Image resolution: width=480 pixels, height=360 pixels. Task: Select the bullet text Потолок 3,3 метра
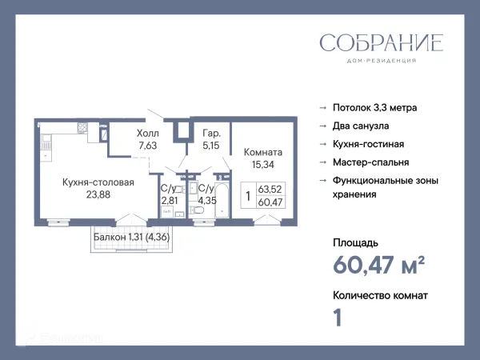[x=374, y=107]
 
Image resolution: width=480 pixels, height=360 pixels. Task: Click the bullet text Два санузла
[x=361, y=126]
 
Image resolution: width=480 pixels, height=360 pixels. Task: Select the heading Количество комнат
[x=379, y=295]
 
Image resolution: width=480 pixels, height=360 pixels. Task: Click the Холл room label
[x=149, y=134]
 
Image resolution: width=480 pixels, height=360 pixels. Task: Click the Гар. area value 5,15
[x=210, y=146]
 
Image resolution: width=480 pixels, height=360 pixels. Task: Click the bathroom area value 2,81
[x=170, y=200]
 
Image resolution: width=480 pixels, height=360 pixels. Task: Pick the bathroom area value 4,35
[x=207, y=200]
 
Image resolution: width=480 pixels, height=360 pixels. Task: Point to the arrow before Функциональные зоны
[x=322, y=181]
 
